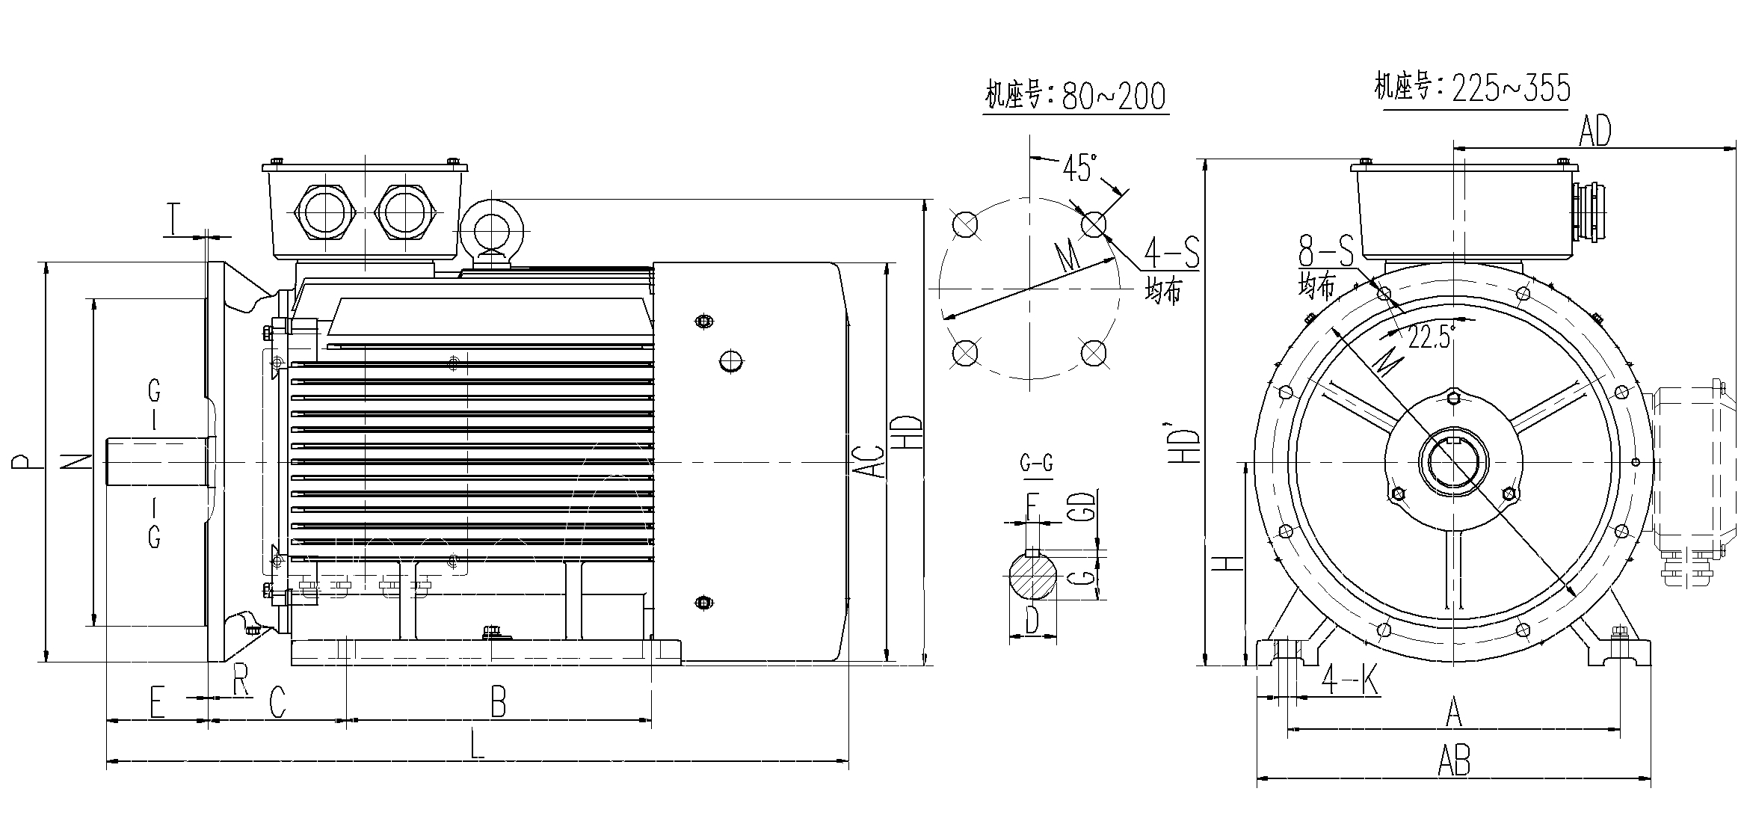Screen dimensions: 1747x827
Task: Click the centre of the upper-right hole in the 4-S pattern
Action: [x=1094, y=223]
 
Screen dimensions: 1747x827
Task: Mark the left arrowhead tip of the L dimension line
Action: [x=108, y=762]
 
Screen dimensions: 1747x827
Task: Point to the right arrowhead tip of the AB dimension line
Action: [x=1651, y=779]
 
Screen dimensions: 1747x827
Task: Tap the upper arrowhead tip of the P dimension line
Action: [x=46, y=262]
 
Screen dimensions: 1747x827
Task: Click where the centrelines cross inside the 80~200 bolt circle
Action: [x=1029, y=289]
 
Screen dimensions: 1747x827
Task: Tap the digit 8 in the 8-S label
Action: [x=1307, y=252]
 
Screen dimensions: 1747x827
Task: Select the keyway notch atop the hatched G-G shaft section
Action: [x=1032, y=553]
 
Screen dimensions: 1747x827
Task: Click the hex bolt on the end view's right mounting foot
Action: [x=1618, y=633]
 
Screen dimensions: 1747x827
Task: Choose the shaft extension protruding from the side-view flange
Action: [x=157, y=462]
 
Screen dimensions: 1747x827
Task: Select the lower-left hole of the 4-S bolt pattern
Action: [x=965, y=352]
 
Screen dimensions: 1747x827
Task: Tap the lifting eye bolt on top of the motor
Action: [x=493, y=228]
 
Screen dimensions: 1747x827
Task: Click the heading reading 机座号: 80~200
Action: [x=1076, y=96]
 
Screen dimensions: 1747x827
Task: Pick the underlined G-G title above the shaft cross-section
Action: [x=1037, y=464]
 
